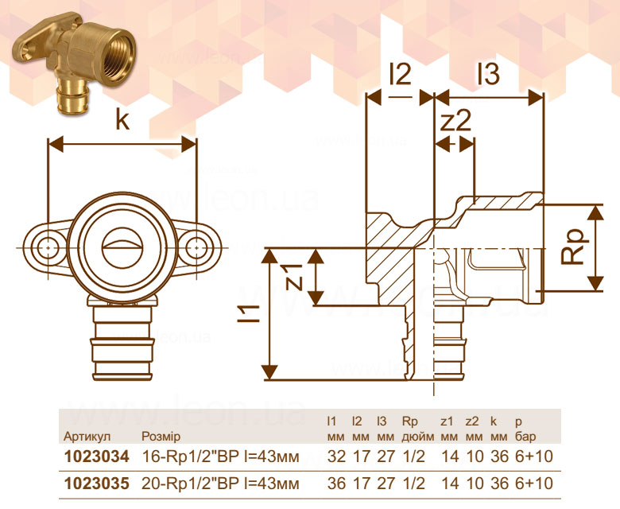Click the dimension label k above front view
pyautogui.click(x=122, y=119)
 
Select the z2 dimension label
pyautogui.click(x=456, y=121)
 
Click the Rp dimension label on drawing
pyautogui.click(x=572, y=247)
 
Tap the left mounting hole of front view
pyautogui.click(x=48, y=248)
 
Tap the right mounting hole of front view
pyautogui.click(x=194, y=248)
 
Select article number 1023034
pyautogui.click(x=97, y=457)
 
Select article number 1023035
pyautogui.click(x=97, y=484)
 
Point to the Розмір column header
pyautogui.click(x=161, y=437)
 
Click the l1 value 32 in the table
pyautogui.click(x=336, y=457)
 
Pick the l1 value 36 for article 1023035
pyautogui.click(x=336, y=484)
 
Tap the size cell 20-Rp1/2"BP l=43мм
pyautogui.click(x=221, y=484)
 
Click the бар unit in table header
pyautogui.click(x=525, y=437)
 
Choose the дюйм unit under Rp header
pyautogui.click(x=418, y=437)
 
